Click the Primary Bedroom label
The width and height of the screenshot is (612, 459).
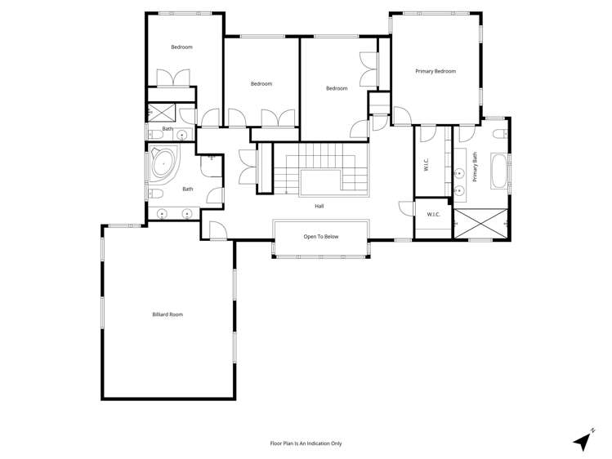click(435, 72)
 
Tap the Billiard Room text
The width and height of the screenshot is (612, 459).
click(168, 314)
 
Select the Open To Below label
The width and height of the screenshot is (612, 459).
click(320, 237)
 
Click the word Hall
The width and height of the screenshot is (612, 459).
click(319, 206)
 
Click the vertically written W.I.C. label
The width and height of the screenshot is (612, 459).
click(427, 164)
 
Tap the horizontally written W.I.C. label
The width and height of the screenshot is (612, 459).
click(433, 215)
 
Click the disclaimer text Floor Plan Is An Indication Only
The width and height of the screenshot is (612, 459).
click(306, 443)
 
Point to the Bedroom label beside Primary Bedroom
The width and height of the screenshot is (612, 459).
click(337, 88)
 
